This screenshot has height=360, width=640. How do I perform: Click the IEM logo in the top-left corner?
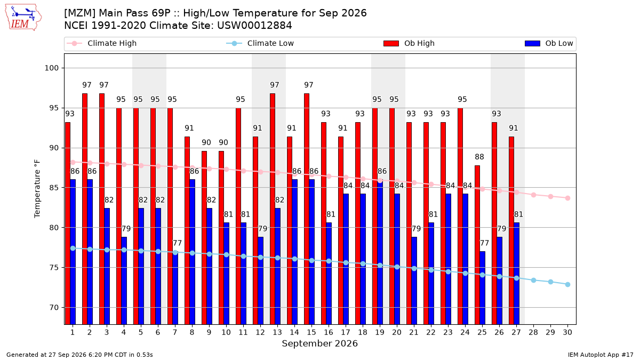coord(23,18)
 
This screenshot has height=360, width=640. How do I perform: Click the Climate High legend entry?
coord(101,43)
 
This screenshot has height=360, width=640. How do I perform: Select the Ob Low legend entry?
coord(549,43)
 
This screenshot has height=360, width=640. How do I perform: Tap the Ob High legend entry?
coord(409,43)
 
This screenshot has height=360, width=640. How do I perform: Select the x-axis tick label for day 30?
coord(567,332)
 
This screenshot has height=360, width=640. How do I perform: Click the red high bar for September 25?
coord(477,245)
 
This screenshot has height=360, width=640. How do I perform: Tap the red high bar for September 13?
coord(273,209)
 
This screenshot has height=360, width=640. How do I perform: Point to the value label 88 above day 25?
coord(479,157)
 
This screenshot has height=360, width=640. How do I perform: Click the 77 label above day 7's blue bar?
coord(177,243)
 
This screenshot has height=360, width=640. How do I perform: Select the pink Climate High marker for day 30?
coord(567,198)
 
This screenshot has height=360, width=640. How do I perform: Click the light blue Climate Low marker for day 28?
coord(533,281)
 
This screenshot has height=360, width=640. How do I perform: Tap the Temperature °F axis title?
coord(37,189)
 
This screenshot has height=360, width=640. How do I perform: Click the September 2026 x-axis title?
coord(319,343)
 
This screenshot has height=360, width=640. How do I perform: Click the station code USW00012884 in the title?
coord(254,26)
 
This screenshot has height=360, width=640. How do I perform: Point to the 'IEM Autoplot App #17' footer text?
coord(601,355)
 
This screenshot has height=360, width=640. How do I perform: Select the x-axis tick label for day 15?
coord(311,332)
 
